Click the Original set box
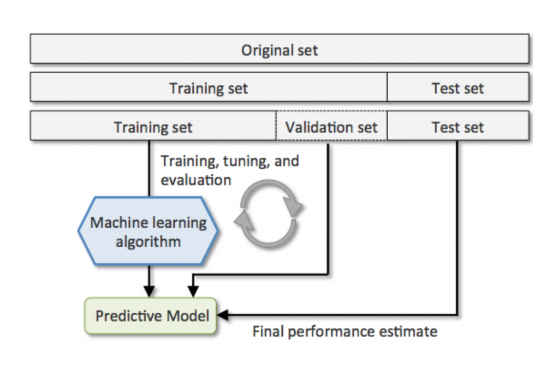point(279,49)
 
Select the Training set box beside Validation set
point(153,126)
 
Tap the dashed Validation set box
point(331,126)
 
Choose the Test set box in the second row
point(458,87)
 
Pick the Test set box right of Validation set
point(458,126)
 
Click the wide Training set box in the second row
point(209,87)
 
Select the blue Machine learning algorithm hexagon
point(148,231)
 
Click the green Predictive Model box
point(151,316)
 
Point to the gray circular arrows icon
point(268,214)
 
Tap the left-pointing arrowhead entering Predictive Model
point(222,315)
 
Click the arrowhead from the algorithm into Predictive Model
point(149,292)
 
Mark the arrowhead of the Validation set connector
point(193,292)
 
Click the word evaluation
point(196,180)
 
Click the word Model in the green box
point(188,316)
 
